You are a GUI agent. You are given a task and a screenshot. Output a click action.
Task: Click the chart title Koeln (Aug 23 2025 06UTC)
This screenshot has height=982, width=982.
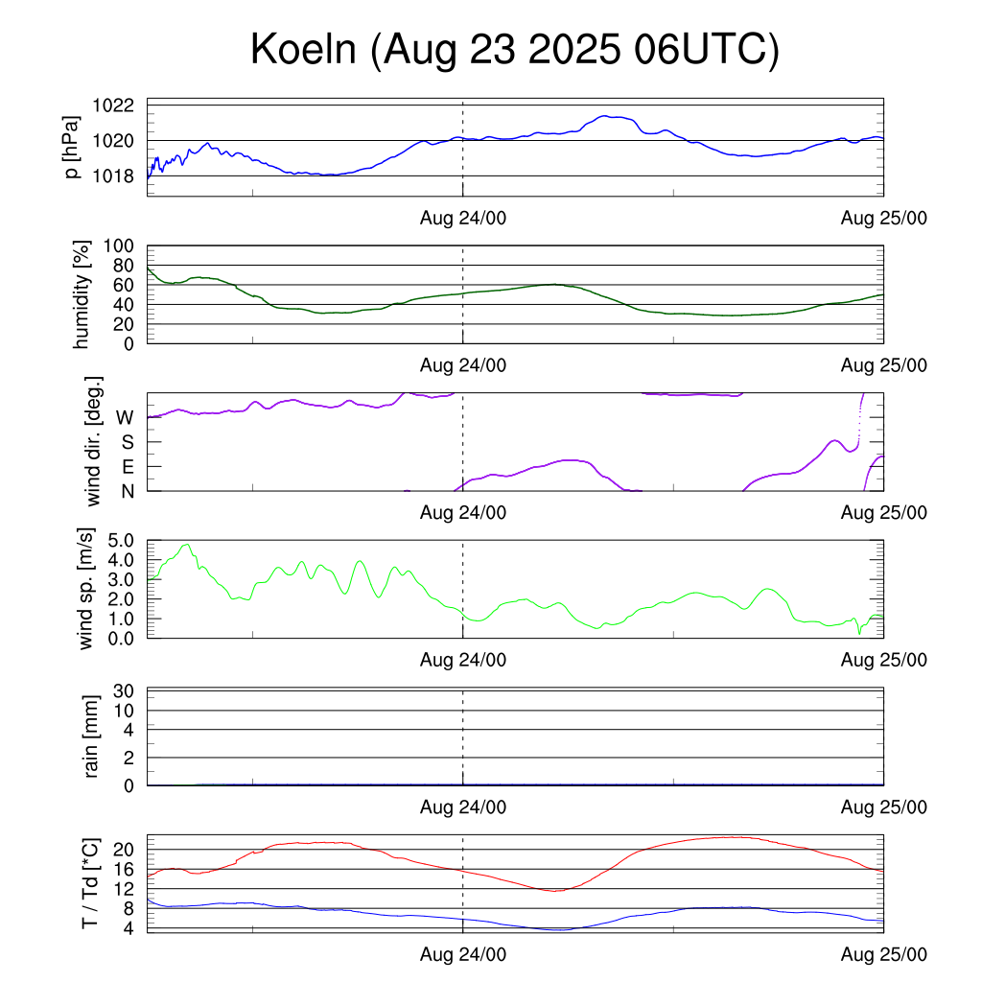pyautogui.click(x=514, y=50)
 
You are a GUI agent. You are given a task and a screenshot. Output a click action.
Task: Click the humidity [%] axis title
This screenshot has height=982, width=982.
pyautogui.click(x=82, y=294)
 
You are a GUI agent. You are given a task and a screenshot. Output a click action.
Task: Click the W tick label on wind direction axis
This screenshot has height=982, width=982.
pyautogui.click(x=125, y=418)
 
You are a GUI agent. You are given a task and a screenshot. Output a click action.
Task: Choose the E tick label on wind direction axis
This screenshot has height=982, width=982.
pyautogui.click(x=128, y=467)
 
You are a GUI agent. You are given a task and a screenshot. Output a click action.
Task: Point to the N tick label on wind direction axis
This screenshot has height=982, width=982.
pyautogui.click(x=128, y=491)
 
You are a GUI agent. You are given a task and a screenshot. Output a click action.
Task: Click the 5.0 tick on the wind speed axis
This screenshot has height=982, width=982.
pyautogui.click(x=125, y=540)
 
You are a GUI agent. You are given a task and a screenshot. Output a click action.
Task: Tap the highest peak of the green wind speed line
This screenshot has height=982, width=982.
pyautogui.click(x=187, y=545)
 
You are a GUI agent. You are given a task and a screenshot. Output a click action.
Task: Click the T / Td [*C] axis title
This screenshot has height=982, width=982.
pyautogui.click(x=89, y=882)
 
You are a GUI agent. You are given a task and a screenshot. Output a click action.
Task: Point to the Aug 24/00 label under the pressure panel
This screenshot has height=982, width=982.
pyautogui.click(x=463, y=218)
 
